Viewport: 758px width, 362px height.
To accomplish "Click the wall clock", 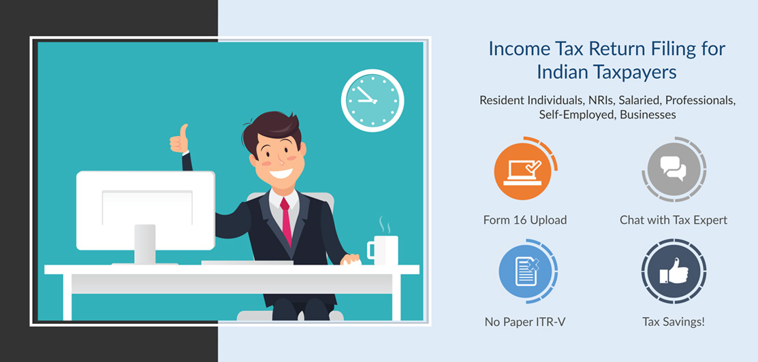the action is (x=373, y=101).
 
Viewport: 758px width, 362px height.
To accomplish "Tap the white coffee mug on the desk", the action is (x=383, y=250).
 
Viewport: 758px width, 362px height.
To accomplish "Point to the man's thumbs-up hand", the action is (x=179, y=139).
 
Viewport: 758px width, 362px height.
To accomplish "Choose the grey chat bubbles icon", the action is (x=674, y=169).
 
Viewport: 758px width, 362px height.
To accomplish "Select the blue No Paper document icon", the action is (x=526, y=271).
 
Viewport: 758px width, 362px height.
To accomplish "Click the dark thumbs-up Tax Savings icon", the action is (x=674, y=271).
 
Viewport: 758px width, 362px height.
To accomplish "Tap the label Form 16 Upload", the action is (x=525, y=220).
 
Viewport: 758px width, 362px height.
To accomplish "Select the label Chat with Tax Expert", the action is (x=674, y=220).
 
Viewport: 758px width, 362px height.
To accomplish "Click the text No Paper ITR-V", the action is (x=525, y=321).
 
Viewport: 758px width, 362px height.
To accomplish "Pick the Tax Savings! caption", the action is (x=674, y=321).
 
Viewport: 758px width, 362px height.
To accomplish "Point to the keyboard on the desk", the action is (x=247, y=263).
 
